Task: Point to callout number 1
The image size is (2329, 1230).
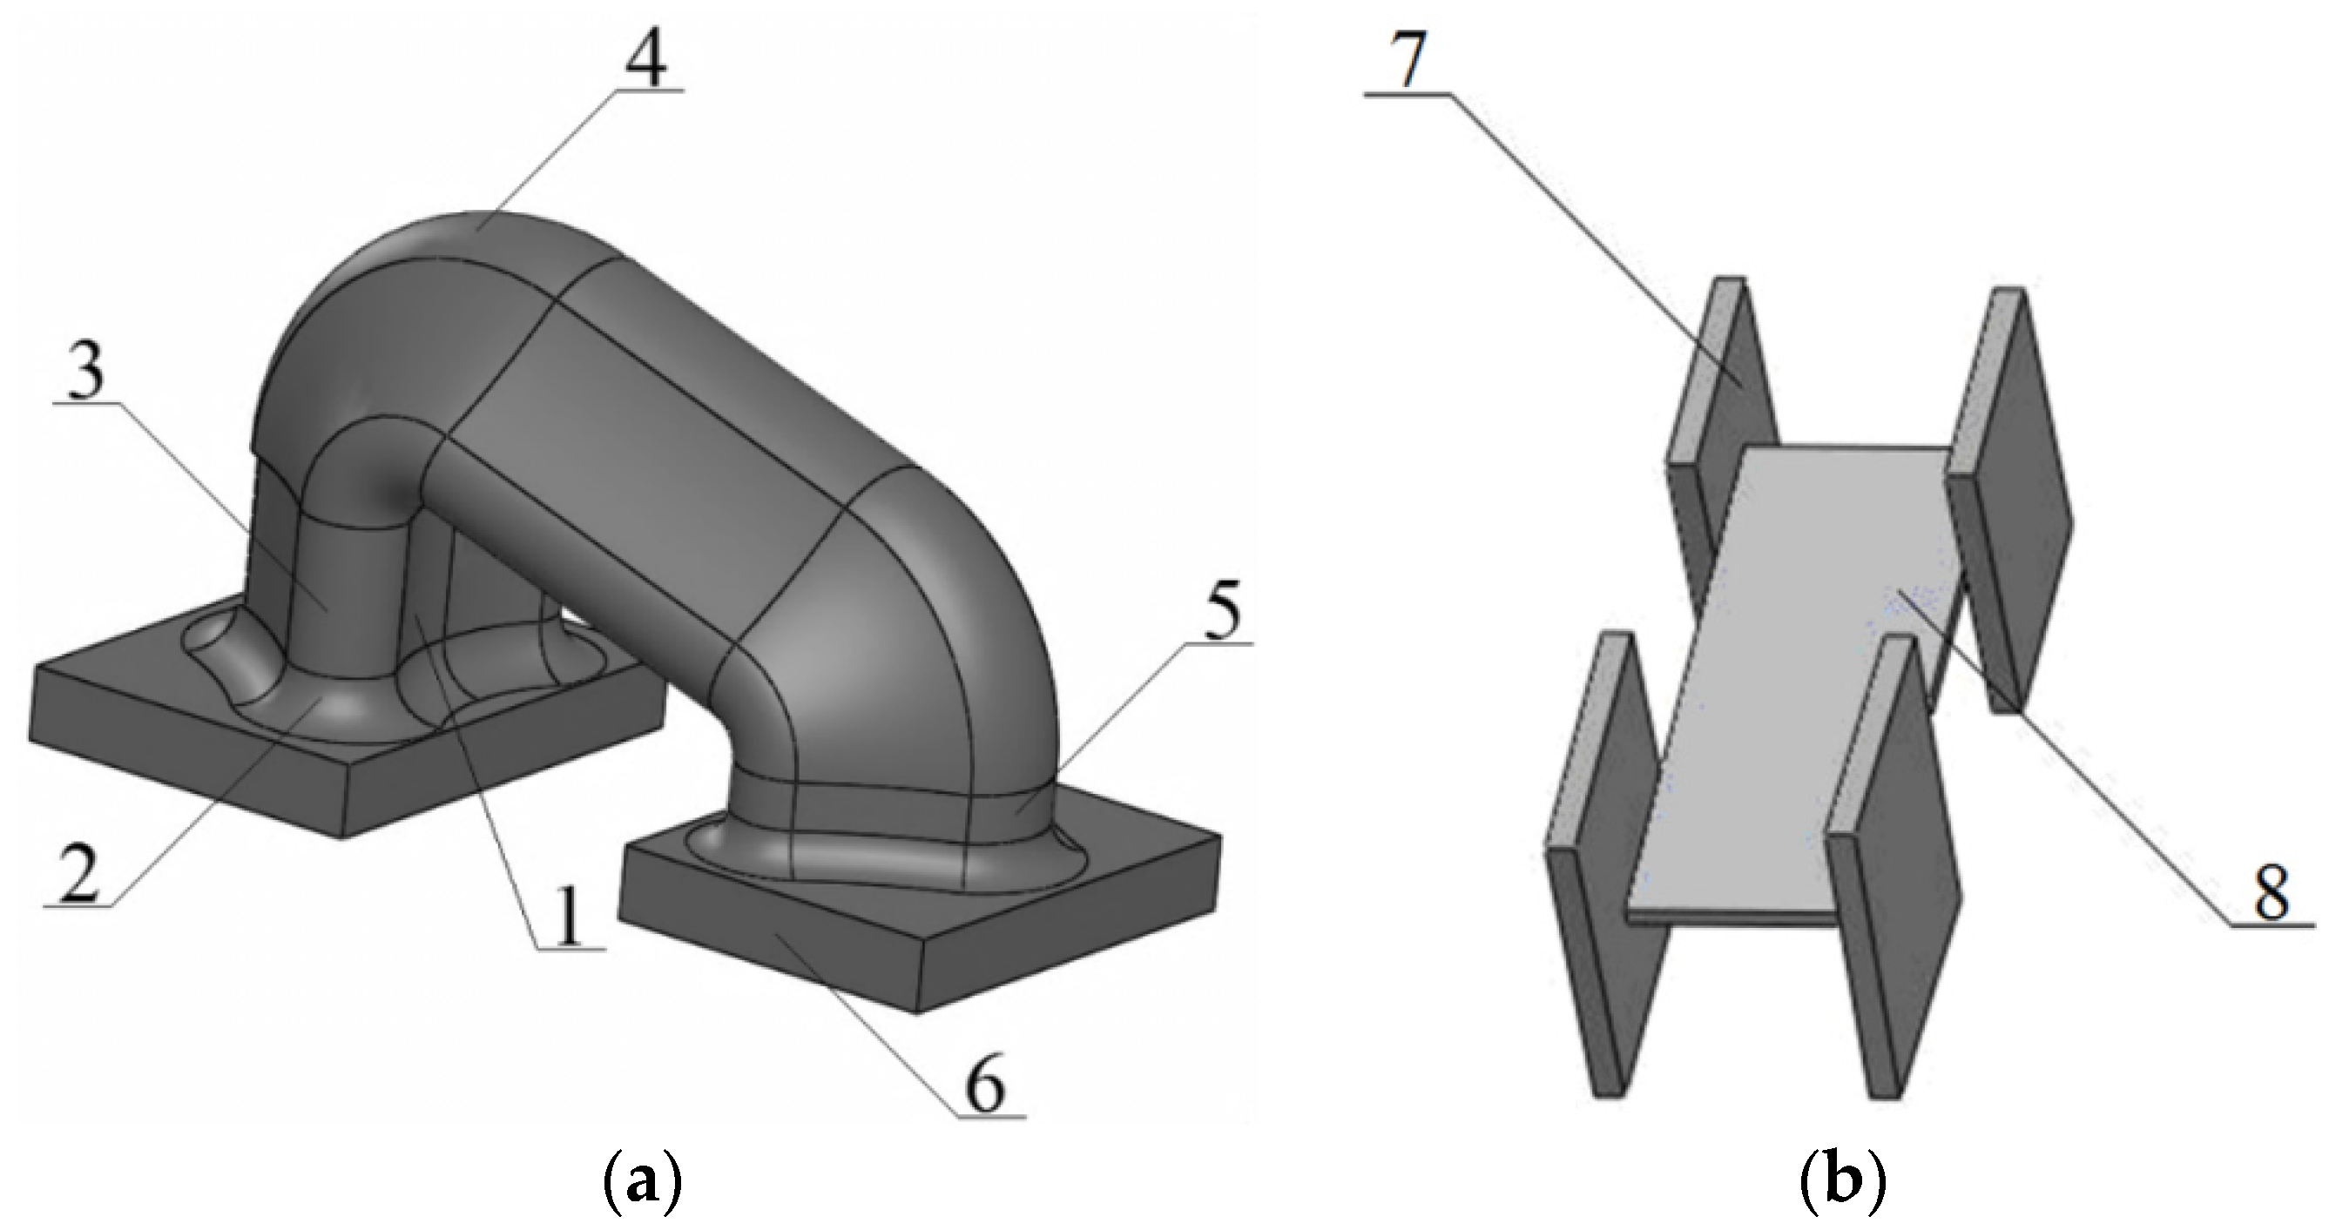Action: tap(568, 916)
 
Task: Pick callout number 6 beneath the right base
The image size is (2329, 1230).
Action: tap(985, 1088)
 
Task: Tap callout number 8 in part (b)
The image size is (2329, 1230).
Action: tap(2271, 894)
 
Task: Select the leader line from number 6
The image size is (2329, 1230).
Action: tap(868, 1031)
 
